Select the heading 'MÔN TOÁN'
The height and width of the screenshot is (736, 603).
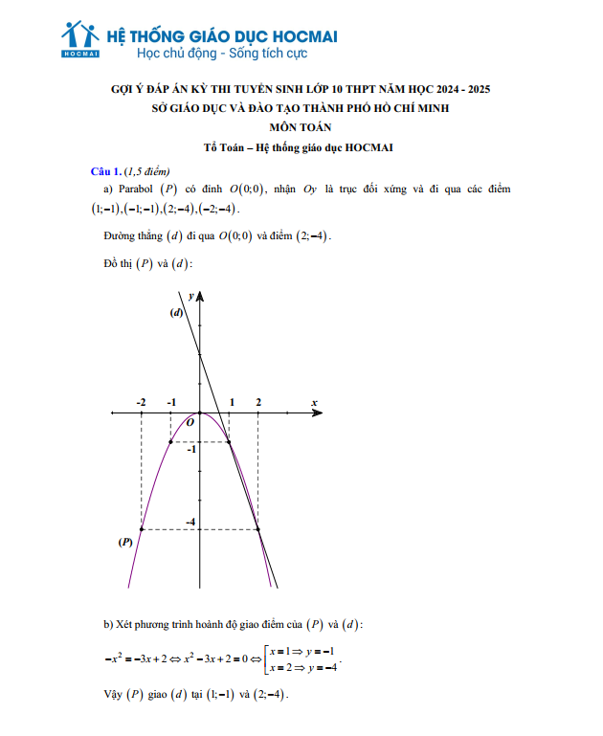[300, 127]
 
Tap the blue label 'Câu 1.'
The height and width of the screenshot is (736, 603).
[106, 171]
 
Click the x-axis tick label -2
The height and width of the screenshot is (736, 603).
[142, 402]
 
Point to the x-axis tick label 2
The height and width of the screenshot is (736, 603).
[258, 402]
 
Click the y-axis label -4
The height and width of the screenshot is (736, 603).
[190, 522]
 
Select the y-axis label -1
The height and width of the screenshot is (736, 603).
[191, 448]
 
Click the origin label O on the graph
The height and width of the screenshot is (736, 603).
[190, 421]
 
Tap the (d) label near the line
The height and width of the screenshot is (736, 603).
[176, 313]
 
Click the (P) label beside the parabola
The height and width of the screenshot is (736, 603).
[124, 542]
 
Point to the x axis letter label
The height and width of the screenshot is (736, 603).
[314, 402]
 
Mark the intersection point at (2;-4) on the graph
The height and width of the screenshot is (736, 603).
[258, 529]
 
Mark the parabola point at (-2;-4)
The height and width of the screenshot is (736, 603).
[142, 529]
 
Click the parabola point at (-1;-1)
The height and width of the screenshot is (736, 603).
[170, 441]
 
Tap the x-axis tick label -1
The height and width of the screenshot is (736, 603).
[171, 402]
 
